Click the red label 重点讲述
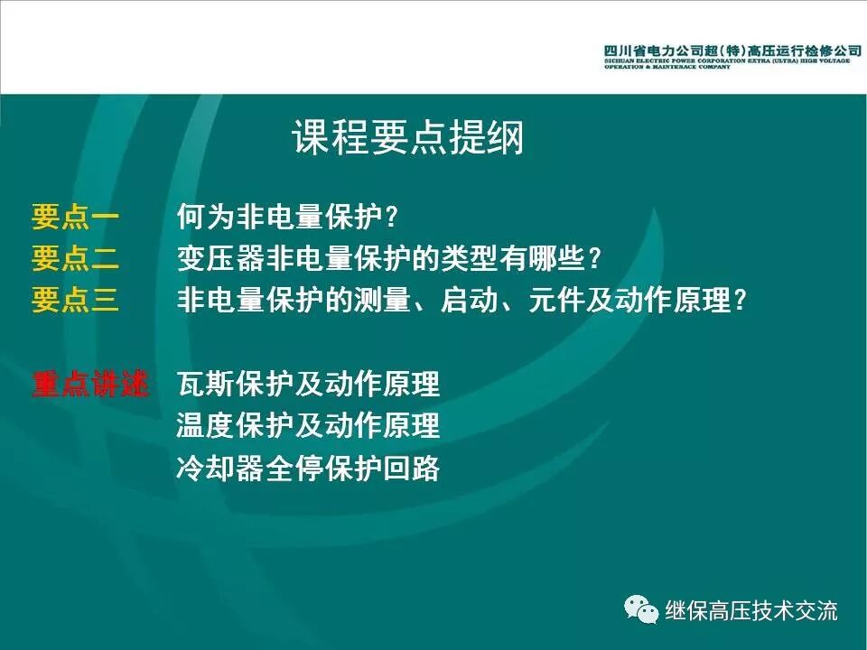[89, 384]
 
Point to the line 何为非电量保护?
[288, 218]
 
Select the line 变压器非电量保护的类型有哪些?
[389, 259]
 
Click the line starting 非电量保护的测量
[462, 300]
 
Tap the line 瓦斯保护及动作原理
[308, 384]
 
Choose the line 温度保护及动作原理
[308, 425]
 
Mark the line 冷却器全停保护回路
[308, 468]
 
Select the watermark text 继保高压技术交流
[751, 610]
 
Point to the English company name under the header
[726, 64]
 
